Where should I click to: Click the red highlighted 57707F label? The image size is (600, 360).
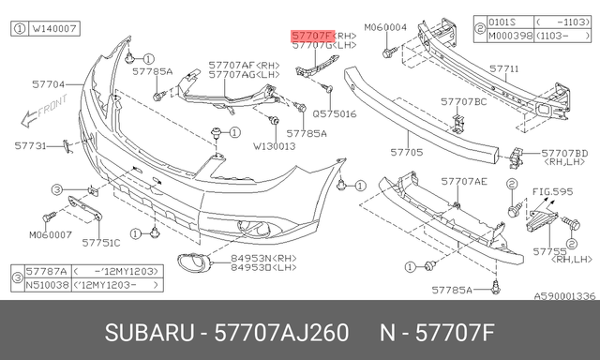(312, 37)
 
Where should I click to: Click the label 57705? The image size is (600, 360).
(406, 150)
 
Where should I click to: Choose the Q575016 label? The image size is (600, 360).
(335, 112)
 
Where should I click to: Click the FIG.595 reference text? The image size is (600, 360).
(552, 192)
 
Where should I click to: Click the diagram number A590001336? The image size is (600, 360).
(564, 295)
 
